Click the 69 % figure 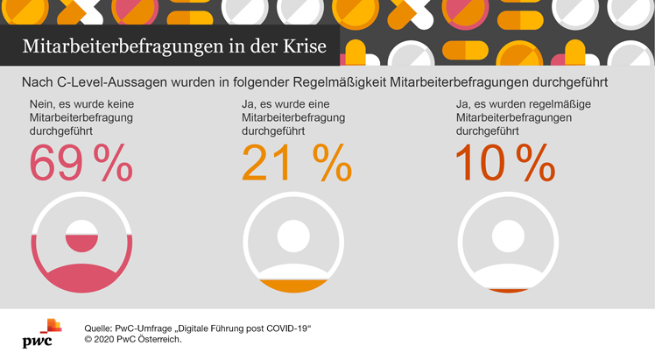pyautogui.click(x=81, y=161)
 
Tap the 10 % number pyautogui.click(x=504, y=161)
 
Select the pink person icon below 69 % pyautogui.click(x=81, y=244)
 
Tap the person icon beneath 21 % pyautogui.click(x=293, y=244)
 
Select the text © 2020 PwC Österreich pyautogui.click(x=133, y=340)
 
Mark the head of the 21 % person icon pyautogui.click(x=293, y=234)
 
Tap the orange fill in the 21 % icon pyautogui.click(x=293, y=286)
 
